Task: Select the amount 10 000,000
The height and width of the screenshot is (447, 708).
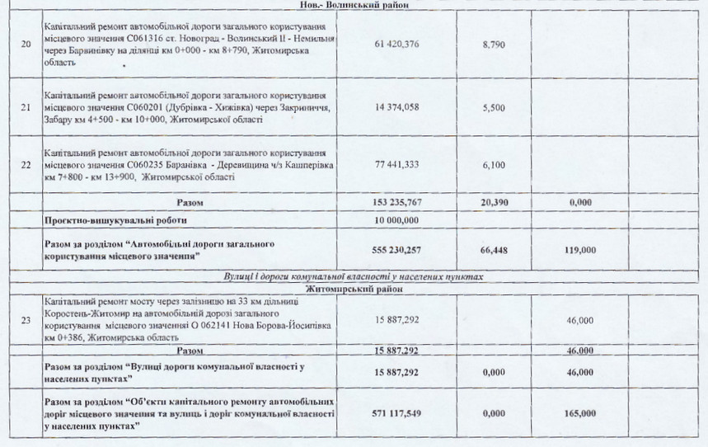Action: coord(396,221)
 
